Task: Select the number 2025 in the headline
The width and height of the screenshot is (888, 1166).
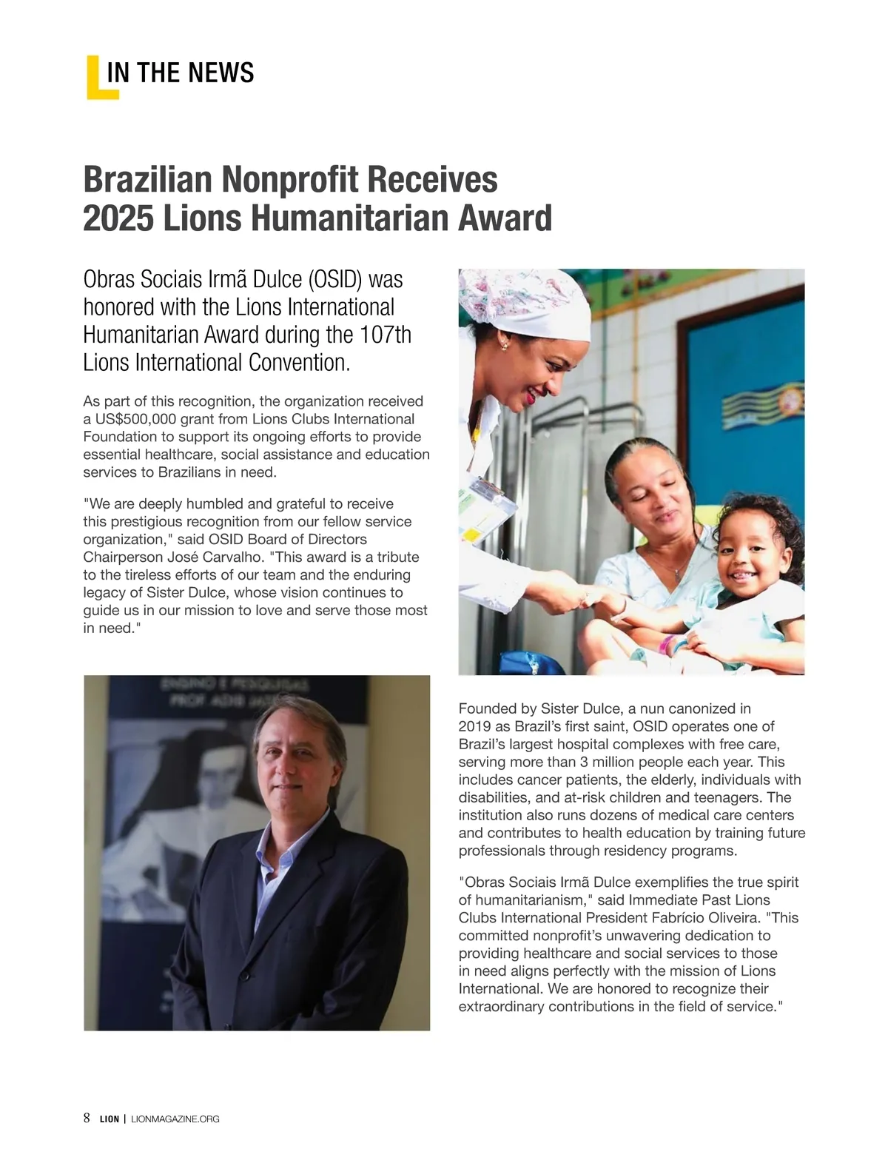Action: pyautogui.click(x=118, y=218)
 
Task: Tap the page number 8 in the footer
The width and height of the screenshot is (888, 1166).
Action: pyautogui.click(x=87, y=1118)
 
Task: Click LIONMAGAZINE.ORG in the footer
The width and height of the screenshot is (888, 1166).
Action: pyautogui.click(x=175, y=1119)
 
